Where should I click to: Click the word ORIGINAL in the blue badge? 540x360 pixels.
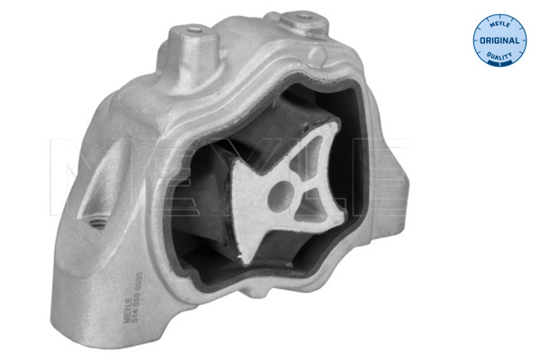pyautogui.click(x=498, y=40)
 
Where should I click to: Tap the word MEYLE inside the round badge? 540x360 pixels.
pyautogui.click(x=498, y=24)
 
